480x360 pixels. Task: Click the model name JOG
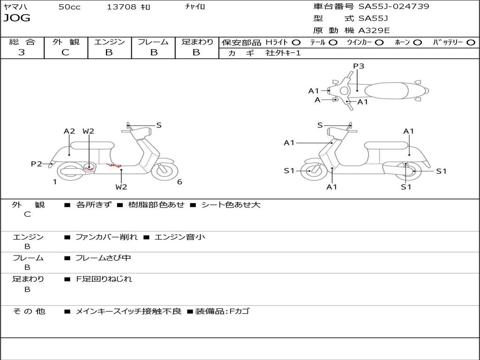[x=17, y=18]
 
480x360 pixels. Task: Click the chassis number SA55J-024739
[x=394, y=7]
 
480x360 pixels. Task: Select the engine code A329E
[x=374, y=30]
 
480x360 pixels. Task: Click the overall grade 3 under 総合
[x=22, y=52]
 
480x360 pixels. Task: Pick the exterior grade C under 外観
[x=65, y=52]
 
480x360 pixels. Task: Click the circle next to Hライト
[x=296, y=43]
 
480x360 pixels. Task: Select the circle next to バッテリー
[x=471, y=43]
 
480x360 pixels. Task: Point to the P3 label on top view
[x=359, y=66]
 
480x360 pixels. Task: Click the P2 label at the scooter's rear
[x=37, y=164]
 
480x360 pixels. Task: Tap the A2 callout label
[x=69, y=131]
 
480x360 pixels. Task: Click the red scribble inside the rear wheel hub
[x=90, y=168]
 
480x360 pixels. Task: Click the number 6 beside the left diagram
[x=180, y=182]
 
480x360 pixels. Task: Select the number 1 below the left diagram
[x=55, y=182]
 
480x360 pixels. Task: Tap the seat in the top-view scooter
[x=386, y=90]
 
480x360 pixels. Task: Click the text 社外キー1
[x=283, y=53]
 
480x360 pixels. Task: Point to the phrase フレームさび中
[x=103, y=258]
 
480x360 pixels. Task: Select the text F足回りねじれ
[x=104, y=279]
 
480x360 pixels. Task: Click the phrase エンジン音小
[x=180, y=237]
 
